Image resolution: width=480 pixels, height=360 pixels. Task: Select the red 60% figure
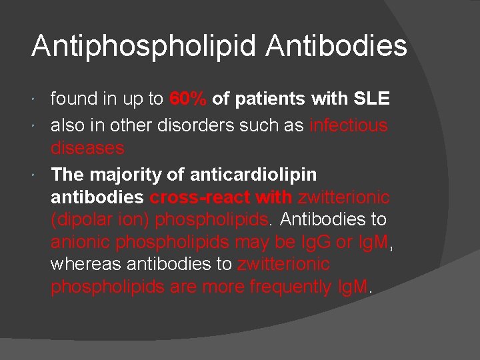[188, 99]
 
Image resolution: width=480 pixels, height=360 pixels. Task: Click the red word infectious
[349, 125]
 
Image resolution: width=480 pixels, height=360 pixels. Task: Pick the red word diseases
[87, 147]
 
